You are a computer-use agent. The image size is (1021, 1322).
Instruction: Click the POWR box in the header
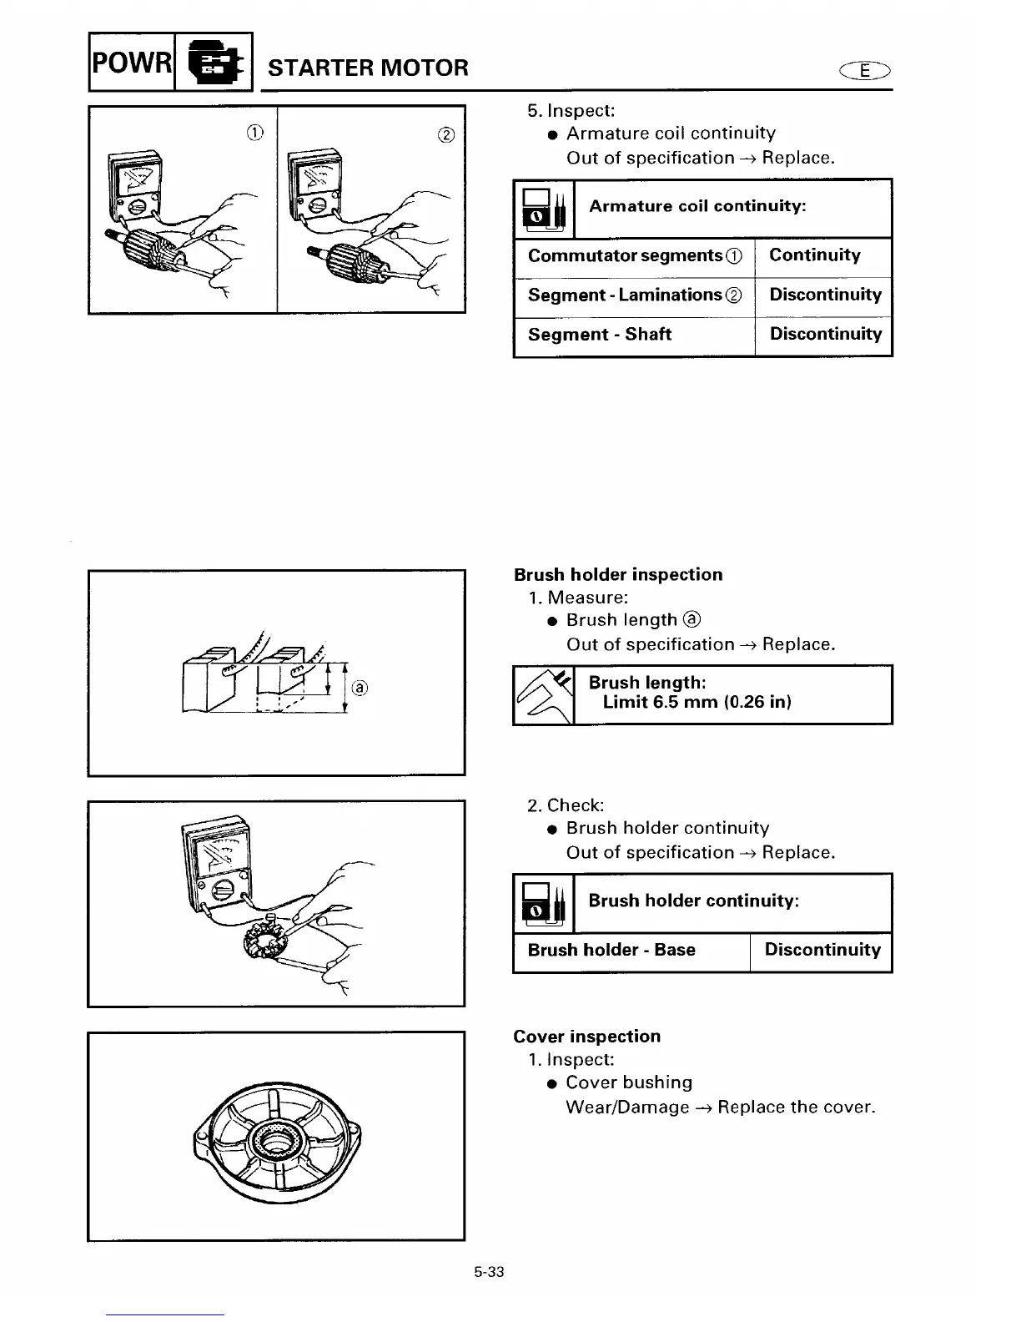pyautogui.click(x=131, y=62)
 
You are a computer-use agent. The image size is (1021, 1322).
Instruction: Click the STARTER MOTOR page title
pyautogui.click(x=368, y=68)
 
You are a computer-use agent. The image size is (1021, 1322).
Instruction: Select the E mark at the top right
pyautogui.click(x=867, y=72)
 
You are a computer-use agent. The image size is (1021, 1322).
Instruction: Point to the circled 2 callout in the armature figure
pyautogui.click(x=446, y=135)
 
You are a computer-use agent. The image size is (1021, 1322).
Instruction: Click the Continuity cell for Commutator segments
pyautogui.click(x=814, y=255)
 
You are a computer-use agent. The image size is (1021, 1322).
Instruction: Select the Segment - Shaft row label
pyautogui.click(x=599, y=335)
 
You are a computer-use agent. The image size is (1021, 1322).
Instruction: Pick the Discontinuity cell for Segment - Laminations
pyautogui.click(x=824, y=295)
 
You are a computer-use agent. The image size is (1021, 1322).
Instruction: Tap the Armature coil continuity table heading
pyautogui.click(x=697, y=206)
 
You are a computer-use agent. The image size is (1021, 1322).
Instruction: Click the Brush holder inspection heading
pyautogui.click(x=618, y=574)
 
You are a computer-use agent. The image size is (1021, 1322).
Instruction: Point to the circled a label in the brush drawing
pyautogui.click(x=359, y=688)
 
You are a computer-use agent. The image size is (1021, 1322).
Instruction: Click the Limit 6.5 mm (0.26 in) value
pyautogui.click(x=697, y=702)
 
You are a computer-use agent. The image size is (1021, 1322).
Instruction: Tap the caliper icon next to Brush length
pyautogui.click(x=544, y=694)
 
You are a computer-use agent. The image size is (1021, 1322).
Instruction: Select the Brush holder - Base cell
pyautogui.click(x=611, y=950)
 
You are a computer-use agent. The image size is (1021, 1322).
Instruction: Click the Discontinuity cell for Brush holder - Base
pyautogui.click(x=822, y=950)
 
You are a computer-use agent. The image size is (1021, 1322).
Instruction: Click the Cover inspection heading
pyautogui.click(x=586, y=1037)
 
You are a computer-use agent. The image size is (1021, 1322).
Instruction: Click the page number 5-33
pyautogui.click(x=489, y=1273)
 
